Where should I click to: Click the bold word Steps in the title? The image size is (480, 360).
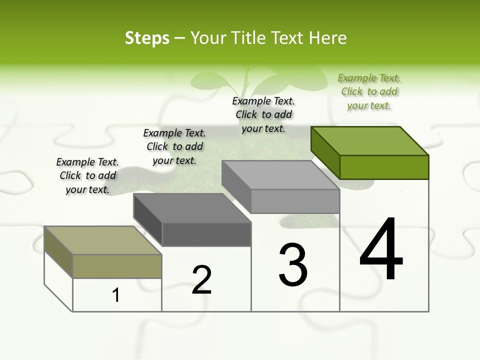click(x=147, y=38)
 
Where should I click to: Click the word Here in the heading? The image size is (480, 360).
click(x=328, y=38)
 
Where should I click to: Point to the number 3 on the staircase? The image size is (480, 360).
click(x=293, y=265)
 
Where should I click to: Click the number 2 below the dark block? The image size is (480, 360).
click(x=202, y=280)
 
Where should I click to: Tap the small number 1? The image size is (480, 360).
click(x=116, y=295)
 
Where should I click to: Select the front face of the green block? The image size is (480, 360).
click(x=384, y=167)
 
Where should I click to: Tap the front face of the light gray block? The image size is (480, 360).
click(x=295, y=201)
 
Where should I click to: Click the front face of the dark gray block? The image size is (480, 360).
click(x=206, y=234)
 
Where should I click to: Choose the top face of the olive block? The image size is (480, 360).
click(x=103, y=240)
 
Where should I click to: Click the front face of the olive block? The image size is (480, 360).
click(x=117, y=266)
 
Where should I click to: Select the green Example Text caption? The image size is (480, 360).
click(x=369, y=92)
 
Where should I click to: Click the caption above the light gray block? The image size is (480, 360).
click(x=263, y=114)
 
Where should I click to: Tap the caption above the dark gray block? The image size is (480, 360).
click(x=174, y=146)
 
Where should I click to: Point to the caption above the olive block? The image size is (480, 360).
click(x=87, y=175)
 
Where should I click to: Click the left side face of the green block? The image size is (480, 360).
click(x=325, y=152)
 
